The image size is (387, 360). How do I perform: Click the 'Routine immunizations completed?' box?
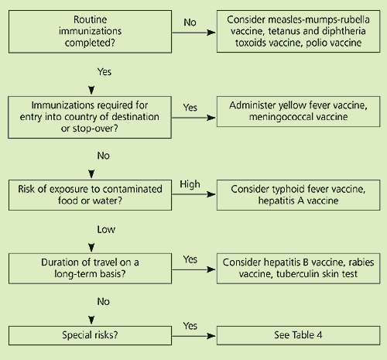coord(90,32)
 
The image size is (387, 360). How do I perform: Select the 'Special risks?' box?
coord(90,335)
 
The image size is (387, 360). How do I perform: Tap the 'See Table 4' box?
coord(298,335)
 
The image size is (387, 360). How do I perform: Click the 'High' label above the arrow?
coord(190,184)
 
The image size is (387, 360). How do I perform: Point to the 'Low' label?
coord(106,229)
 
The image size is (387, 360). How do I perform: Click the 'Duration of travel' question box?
coord(90,269)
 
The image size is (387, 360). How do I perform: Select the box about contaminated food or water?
coord(90,195)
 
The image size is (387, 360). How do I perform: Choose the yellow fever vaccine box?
coord(298,111)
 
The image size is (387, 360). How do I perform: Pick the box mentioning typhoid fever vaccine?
coord(298,195)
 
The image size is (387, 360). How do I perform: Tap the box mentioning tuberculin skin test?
coord(298,269)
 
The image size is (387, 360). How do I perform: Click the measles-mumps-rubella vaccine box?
coord(298,31)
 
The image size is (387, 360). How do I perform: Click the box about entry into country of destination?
coord(90,117)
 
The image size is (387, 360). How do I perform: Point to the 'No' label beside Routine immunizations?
coord(190,22)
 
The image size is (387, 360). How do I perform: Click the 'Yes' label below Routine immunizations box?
coord(104,71)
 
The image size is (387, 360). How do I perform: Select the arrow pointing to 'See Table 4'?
coord(193,336)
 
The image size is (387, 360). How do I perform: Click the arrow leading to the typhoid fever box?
coord(193,194)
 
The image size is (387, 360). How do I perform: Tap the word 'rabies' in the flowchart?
coord(361,262)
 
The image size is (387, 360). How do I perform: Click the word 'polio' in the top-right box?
coord(315,43)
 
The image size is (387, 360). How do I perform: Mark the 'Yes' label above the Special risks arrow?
coord(190,326)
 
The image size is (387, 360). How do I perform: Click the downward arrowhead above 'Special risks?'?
coord(91,320)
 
